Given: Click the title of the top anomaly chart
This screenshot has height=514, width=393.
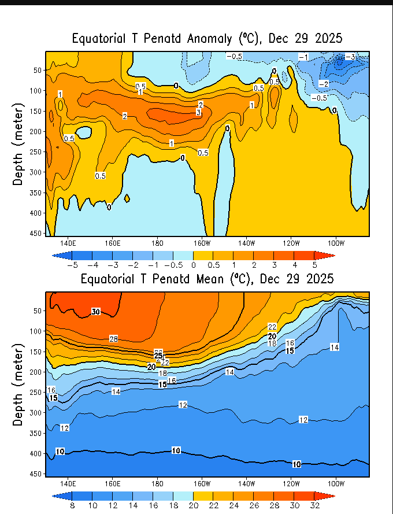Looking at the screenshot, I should [x=207, y=39].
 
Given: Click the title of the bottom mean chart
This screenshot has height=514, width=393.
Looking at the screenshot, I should [x=207, y=279].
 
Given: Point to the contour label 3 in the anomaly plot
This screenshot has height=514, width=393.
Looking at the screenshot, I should [x=198, y=112].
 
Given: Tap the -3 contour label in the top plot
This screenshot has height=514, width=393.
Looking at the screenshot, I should [x=350, y=57].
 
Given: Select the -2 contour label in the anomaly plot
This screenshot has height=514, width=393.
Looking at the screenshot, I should [x=324, y=84].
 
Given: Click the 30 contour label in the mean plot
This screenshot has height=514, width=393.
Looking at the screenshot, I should [x=96, y=312].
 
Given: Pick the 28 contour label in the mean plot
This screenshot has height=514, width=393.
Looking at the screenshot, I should [x=114, y=338].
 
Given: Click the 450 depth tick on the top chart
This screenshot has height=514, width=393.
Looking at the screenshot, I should [x=37, y=233].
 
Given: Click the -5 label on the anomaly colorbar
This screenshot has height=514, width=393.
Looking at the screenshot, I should [x=72, y=265].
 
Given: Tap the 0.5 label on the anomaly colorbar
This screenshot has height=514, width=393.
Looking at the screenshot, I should [x=213, y=265].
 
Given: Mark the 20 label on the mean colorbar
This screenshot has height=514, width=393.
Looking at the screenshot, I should [x=193, y=505].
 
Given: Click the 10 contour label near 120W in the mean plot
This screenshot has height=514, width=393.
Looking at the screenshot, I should [x=296, y=464].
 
